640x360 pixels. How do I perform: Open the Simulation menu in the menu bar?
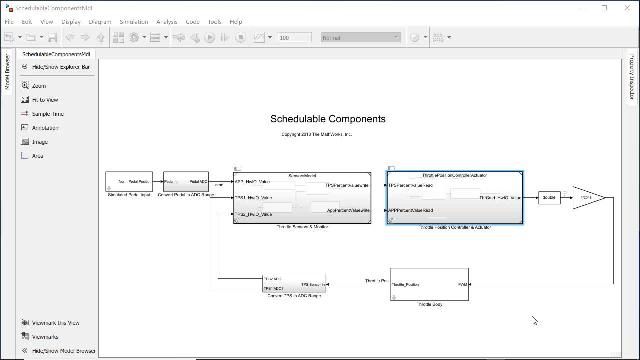133,21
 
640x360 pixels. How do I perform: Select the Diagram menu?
100,21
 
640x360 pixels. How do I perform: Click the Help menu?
235,21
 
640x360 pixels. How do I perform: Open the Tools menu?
214,21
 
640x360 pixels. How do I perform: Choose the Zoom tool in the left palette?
38,86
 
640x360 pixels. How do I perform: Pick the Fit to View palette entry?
44,100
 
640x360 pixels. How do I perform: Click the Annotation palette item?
45,128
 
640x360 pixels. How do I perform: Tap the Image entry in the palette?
39,142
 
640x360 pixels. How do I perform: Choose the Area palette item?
37,156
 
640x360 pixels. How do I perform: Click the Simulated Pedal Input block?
128,182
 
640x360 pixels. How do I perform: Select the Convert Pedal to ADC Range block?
185,182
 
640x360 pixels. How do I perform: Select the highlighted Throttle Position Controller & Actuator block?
454,198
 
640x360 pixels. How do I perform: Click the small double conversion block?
548,198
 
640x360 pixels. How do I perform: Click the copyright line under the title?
316,134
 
